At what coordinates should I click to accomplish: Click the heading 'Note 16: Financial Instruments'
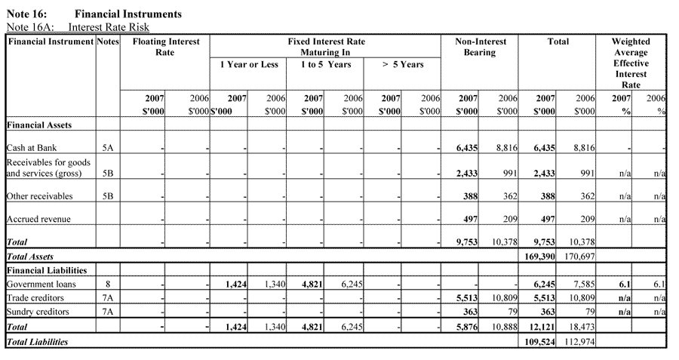click(x=94, y=14)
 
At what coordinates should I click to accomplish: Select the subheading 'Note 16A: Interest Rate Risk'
click(x=77, y=28)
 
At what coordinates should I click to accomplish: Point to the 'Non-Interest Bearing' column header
click(x=480, y=48)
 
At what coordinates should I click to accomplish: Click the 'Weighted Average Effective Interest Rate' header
click(x=630, y=63)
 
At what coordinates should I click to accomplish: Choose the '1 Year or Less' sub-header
click(x=249, y=65)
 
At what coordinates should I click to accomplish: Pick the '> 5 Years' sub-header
click(x=402, y=65)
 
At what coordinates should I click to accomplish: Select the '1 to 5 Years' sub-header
click(x=325, y=65)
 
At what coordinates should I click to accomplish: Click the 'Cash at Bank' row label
click(x=32, y=149)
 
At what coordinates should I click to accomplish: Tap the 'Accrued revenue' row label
click(x=38, y=219)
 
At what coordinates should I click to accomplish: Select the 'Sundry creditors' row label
click(x=37, y=311)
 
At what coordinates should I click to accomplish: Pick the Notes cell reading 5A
click(x=108, y=149)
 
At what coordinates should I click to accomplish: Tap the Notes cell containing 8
click(x=108, y=284)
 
